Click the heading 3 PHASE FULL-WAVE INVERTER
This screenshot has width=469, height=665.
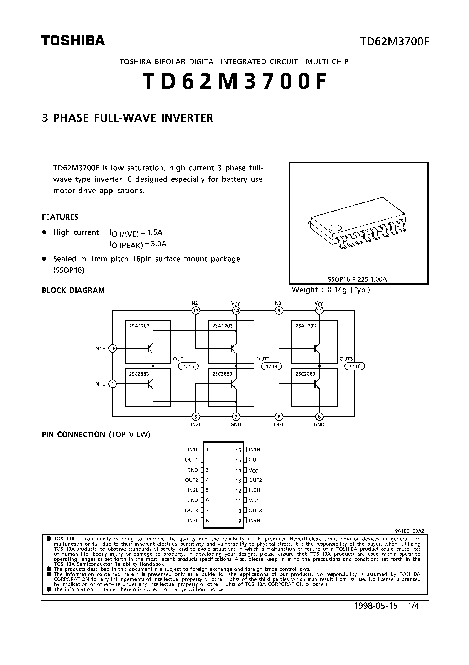pyautogui.click(x=128, y=118)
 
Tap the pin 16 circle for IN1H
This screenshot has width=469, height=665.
pyautogui.click(x=112, y=349)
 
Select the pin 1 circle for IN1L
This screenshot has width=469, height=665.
pyautogui.click(x=112, y=384)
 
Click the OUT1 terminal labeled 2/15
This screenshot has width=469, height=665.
pyautogui.click(x=188, y=366)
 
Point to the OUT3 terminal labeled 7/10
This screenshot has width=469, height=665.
pyautogui.click(x=355, y=366)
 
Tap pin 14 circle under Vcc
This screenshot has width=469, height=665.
pyautogui.click(x=236, y=311)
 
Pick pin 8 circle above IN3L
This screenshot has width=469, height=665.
pyautogui.click(x=279, y=417)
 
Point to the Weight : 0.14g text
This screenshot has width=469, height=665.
pyautogui.click(x=331, y=290)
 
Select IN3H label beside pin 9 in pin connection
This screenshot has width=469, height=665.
pyautogui.click(x=254, y=521)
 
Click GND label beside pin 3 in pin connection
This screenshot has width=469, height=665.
pyautogui.click(x=193, y=470)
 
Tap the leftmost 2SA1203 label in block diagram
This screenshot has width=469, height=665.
pyautogui.click(x=139, y=326)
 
